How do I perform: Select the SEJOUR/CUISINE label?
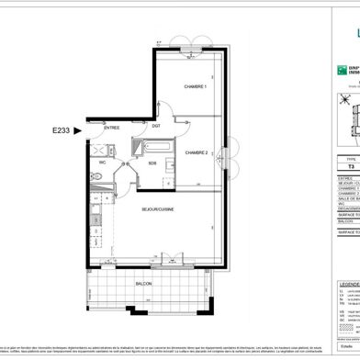pyautogui.click(x=157, y=210)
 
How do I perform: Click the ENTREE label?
pyautogui.click(x=112, y=129)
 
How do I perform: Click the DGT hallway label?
pyautogui.click(x=156, y=126)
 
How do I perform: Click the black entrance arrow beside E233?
pyautogui.click(x=79, y=131)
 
